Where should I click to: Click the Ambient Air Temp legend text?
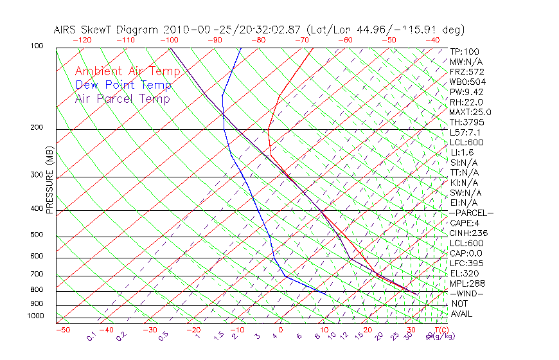tap(122, 71)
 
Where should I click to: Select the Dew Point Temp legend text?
tap(123, 85)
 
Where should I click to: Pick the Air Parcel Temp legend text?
tap(122, 98)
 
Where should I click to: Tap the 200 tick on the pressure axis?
tap(37, 127)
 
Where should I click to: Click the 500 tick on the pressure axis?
tap(37, 235)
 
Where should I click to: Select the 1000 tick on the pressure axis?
tap(35, 316)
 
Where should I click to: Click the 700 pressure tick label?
tap(37, 274)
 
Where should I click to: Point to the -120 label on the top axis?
tap(82, 40)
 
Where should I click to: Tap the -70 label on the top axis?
tap(301, 40)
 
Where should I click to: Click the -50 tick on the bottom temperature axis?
tap(63, 330)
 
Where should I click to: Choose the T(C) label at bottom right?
tap(440, 330)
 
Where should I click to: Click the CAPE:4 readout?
tap(465, 223)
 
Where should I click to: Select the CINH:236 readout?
tap(467, 233)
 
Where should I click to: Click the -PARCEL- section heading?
tap(471, 213)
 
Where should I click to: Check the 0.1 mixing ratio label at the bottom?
tap(91, 336)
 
